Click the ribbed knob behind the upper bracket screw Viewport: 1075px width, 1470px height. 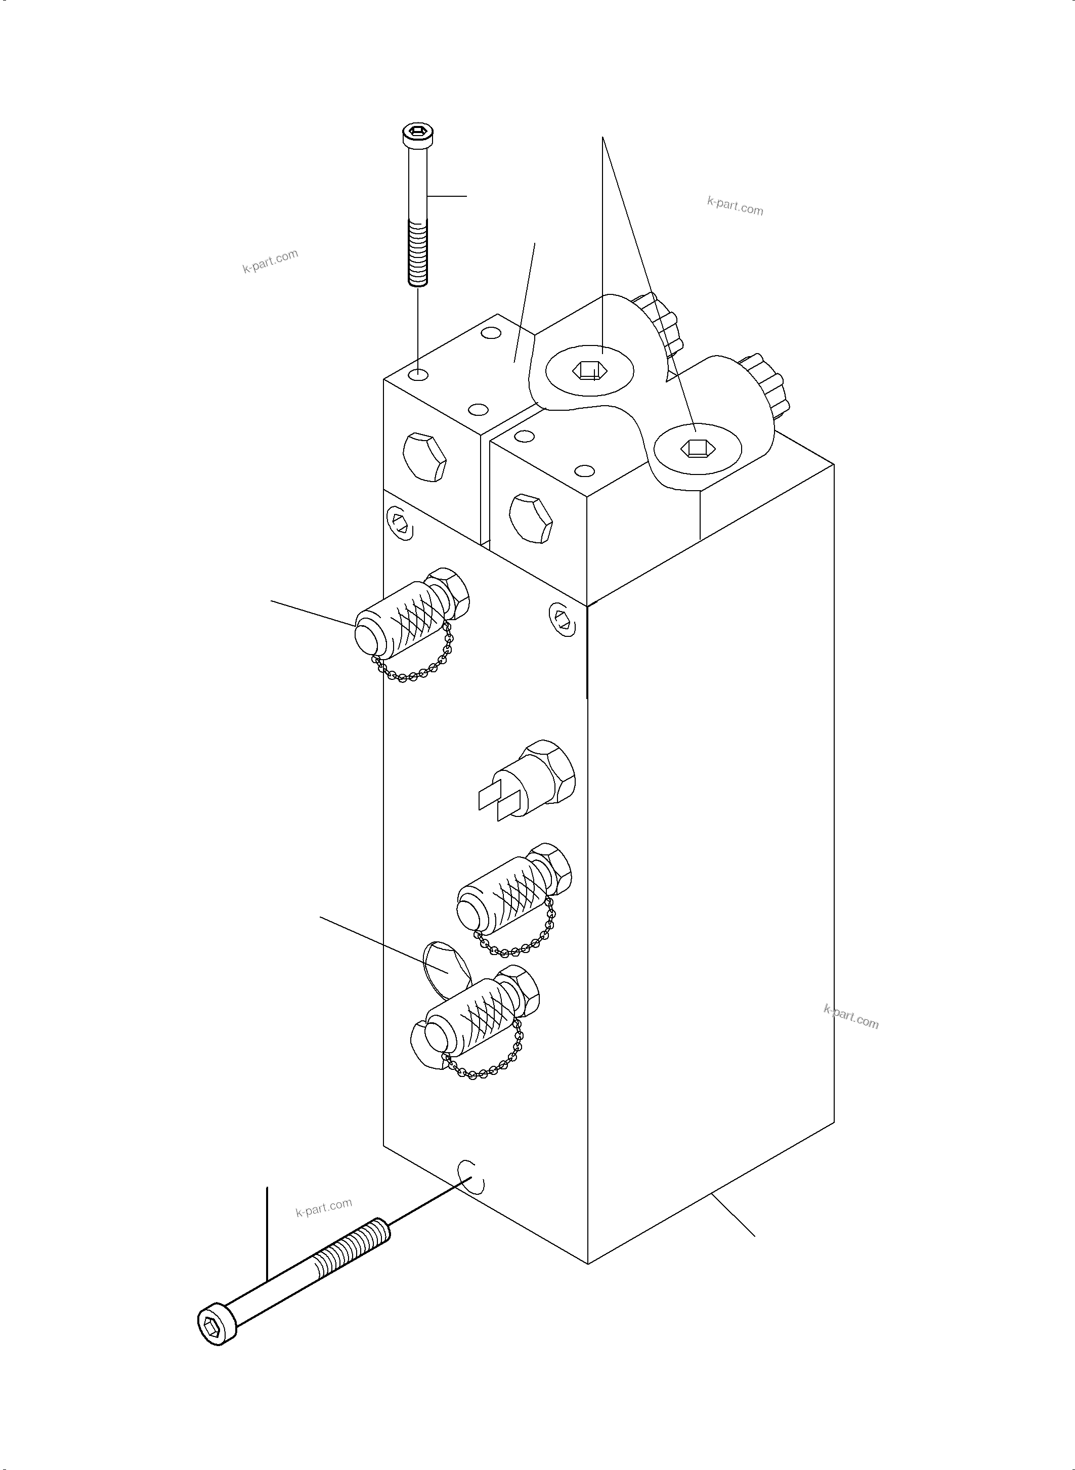click(659, 323)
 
